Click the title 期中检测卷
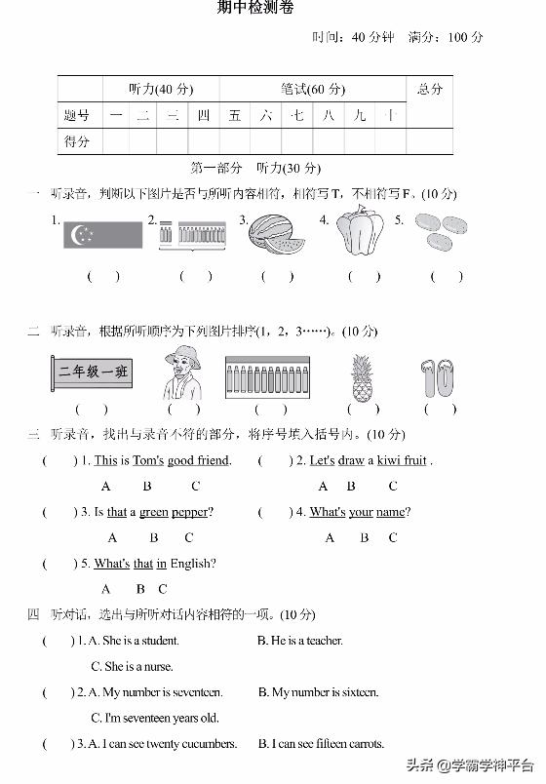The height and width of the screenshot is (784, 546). click(x=254, y=9)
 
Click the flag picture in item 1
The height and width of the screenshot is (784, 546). click(x=103, y=234)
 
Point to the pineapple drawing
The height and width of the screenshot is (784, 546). click(x=362, y=377)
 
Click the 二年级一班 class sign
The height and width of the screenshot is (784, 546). click(x=94, y=372)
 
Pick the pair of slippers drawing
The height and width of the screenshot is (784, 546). click(x=439, y=378)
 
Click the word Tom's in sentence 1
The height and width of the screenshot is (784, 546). click(x=148, y=460)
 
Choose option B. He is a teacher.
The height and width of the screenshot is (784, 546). click(x=300, y=641)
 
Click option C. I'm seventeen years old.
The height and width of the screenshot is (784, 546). click(x=154, y=719)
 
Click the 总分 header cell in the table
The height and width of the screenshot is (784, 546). click(x=429, y=90)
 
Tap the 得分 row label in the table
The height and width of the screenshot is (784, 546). click(x=77, y=141)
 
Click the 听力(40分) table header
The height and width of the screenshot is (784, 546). click(x=161, y=90)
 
